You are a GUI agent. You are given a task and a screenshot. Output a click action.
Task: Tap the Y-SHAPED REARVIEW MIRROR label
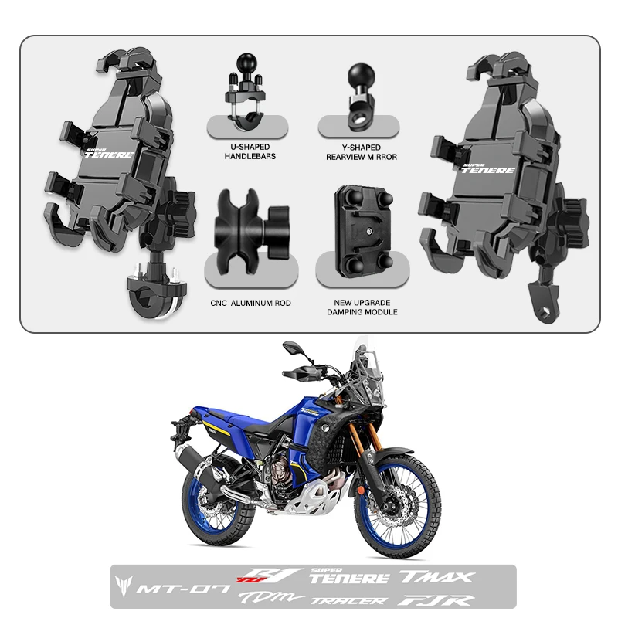(x=361, y=151)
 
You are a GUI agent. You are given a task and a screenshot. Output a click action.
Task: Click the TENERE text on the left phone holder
(x=109, y=154)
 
